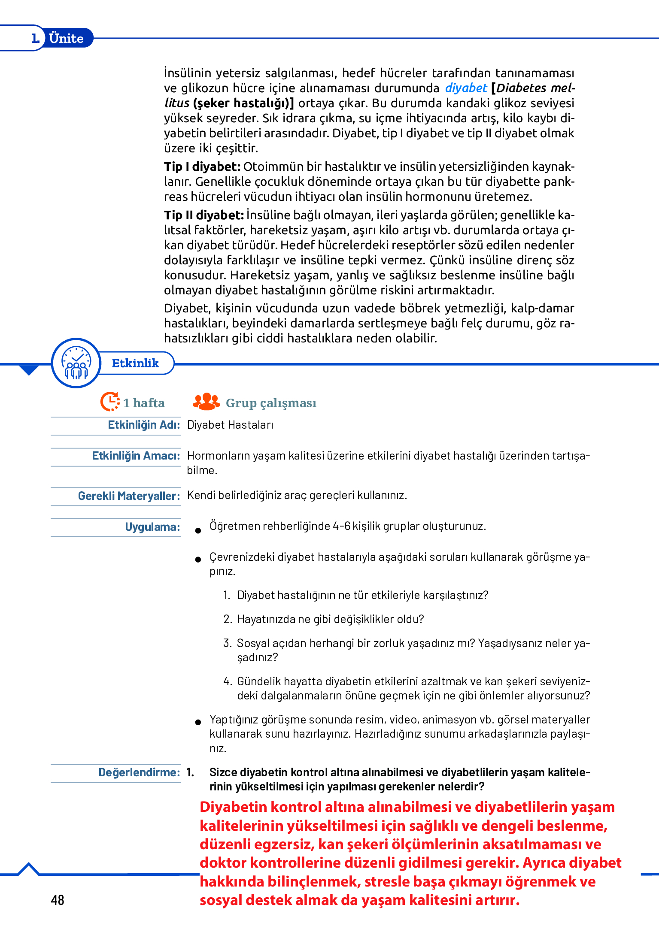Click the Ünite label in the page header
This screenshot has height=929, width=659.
pyautogui.click(x=66, y=38)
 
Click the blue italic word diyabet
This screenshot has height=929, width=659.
pyautogui.click(x=466, y=88)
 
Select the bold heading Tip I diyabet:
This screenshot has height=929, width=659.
pyautogui.click(x=202, y=166)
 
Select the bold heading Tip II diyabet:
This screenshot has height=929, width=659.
pyautogui.click(x=204, y=215)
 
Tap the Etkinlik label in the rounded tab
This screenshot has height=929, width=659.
pyautogui.click(x=135, y=363)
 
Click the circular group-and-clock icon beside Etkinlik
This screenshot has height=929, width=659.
pyautogui.click(x=76, y=363)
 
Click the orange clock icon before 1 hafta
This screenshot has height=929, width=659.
pyautogui.click(x=110, y=402)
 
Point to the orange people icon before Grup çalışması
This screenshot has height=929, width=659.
pyautogui.click(x=207, y=402)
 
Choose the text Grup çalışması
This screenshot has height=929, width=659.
pyautogui.click(x=271, y=403)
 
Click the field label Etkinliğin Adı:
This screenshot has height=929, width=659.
pyautogui.click(x=144, y=425)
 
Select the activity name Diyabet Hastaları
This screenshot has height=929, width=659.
pyautogui.click(x=230, y=425)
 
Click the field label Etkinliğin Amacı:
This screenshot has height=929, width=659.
pyautogui.click(x=136, y=456)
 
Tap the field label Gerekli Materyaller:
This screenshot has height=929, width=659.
pyautogui.click(x=129, y=496)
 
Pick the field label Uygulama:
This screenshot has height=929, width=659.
pyautogui.click(x=152, y=527)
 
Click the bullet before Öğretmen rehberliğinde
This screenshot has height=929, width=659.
pyautogui.click(x=198, y=531)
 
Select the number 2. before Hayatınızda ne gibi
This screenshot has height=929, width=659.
pyautogui.click(x=228, y=619)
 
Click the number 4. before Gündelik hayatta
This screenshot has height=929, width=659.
pyautogui.click(x=228, y=681)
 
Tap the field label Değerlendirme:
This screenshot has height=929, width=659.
pyautogui.click(x=139, y=772)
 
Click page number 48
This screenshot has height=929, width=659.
pyautogui.click(x=58, y=900)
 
